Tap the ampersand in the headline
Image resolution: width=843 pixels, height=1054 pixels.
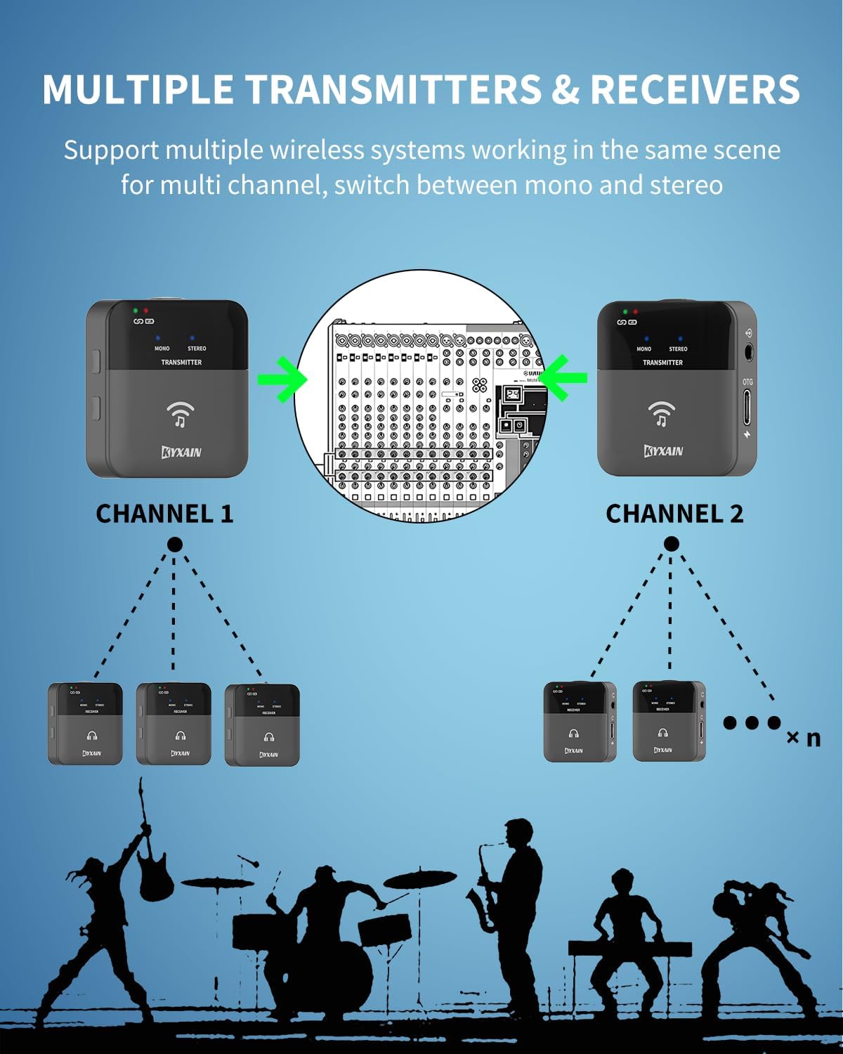tap(566, 90)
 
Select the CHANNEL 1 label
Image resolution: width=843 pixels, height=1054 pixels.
tap(164, 514)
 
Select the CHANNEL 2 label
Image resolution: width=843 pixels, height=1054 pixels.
tap(674, 514)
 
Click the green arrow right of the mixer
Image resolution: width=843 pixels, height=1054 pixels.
tap(565, 378)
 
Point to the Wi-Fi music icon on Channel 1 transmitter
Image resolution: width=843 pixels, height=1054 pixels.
tap(181, 414)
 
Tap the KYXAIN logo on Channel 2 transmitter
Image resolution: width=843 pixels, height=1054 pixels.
tap(663, 450)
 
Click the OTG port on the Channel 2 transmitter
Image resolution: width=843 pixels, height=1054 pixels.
tap(747, 408)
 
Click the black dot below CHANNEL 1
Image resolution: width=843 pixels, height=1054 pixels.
tap(175, 545)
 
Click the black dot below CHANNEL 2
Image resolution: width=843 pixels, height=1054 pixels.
tap(671, 544)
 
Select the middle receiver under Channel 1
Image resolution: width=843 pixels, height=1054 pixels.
tap(174, 724)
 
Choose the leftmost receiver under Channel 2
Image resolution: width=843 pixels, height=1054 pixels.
tap(580, 722)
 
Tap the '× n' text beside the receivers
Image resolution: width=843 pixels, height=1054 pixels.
tap(803, 739)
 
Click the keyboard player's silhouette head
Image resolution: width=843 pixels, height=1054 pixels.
tap(623, 882)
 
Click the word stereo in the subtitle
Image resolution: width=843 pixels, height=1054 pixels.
tap(685, 185)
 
